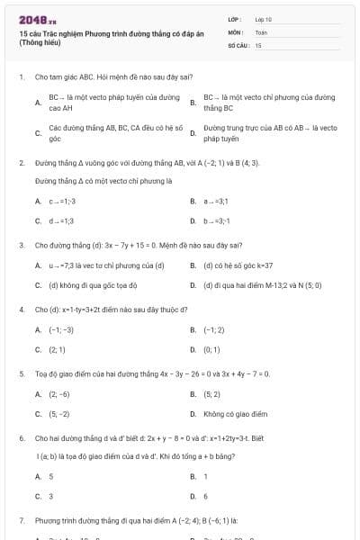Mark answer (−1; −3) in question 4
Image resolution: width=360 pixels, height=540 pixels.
tap(61, 330)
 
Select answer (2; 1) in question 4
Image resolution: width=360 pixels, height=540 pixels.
tap(58, 349)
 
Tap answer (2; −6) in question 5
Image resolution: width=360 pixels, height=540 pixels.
tap(59, 394)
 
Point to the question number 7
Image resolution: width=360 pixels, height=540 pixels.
tap(21, 520)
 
